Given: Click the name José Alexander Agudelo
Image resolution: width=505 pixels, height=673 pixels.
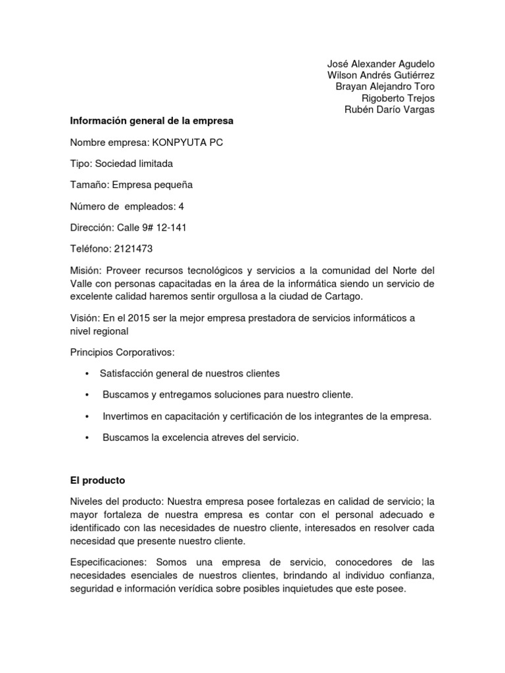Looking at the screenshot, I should [381, 64].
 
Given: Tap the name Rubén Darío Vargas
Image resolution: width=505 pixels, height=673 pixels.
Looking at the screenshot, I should [389, 110].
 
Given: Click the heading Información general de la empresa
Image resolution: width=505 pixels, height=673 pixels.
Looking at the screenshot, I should [152, 121].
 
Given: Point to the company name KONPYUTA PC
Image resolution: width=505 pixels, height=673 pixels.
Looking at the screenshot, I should [187, 143].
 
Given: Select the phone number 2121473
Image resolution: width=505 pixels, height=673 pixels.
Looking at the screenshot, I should [135, 248].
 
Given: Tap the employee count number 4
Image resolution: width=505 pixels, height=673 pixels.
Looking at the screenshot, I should [181, 206].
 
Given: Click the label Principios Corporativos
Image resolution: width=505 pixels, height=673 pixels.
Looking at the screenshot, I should [122, 352].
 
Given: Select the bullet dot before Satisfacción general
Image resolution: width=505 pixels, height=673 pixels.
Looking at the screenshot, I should [87, 374].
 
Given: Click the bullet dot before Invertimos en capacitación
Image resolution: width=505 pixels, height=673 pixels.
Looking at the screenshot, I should [87, 417].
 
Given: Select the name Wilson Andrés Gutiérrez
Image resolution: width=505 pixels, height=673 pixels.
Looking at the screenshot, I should [381, 75].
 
